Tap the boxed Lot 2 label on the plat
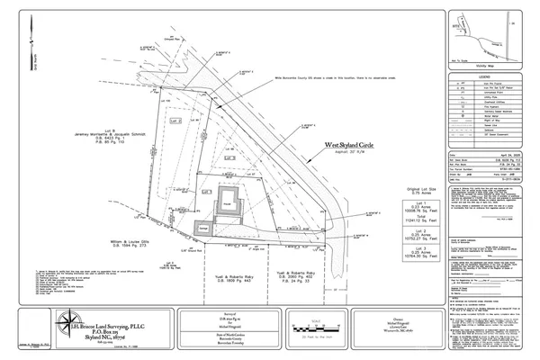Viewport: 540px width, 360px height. coord(177,119)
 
